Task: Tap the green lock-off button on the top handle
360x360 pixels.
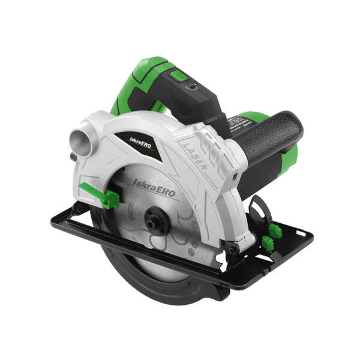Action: (x=179, y=76)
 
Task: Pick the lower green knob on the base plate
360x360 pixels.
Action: (x=268, y=243)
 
